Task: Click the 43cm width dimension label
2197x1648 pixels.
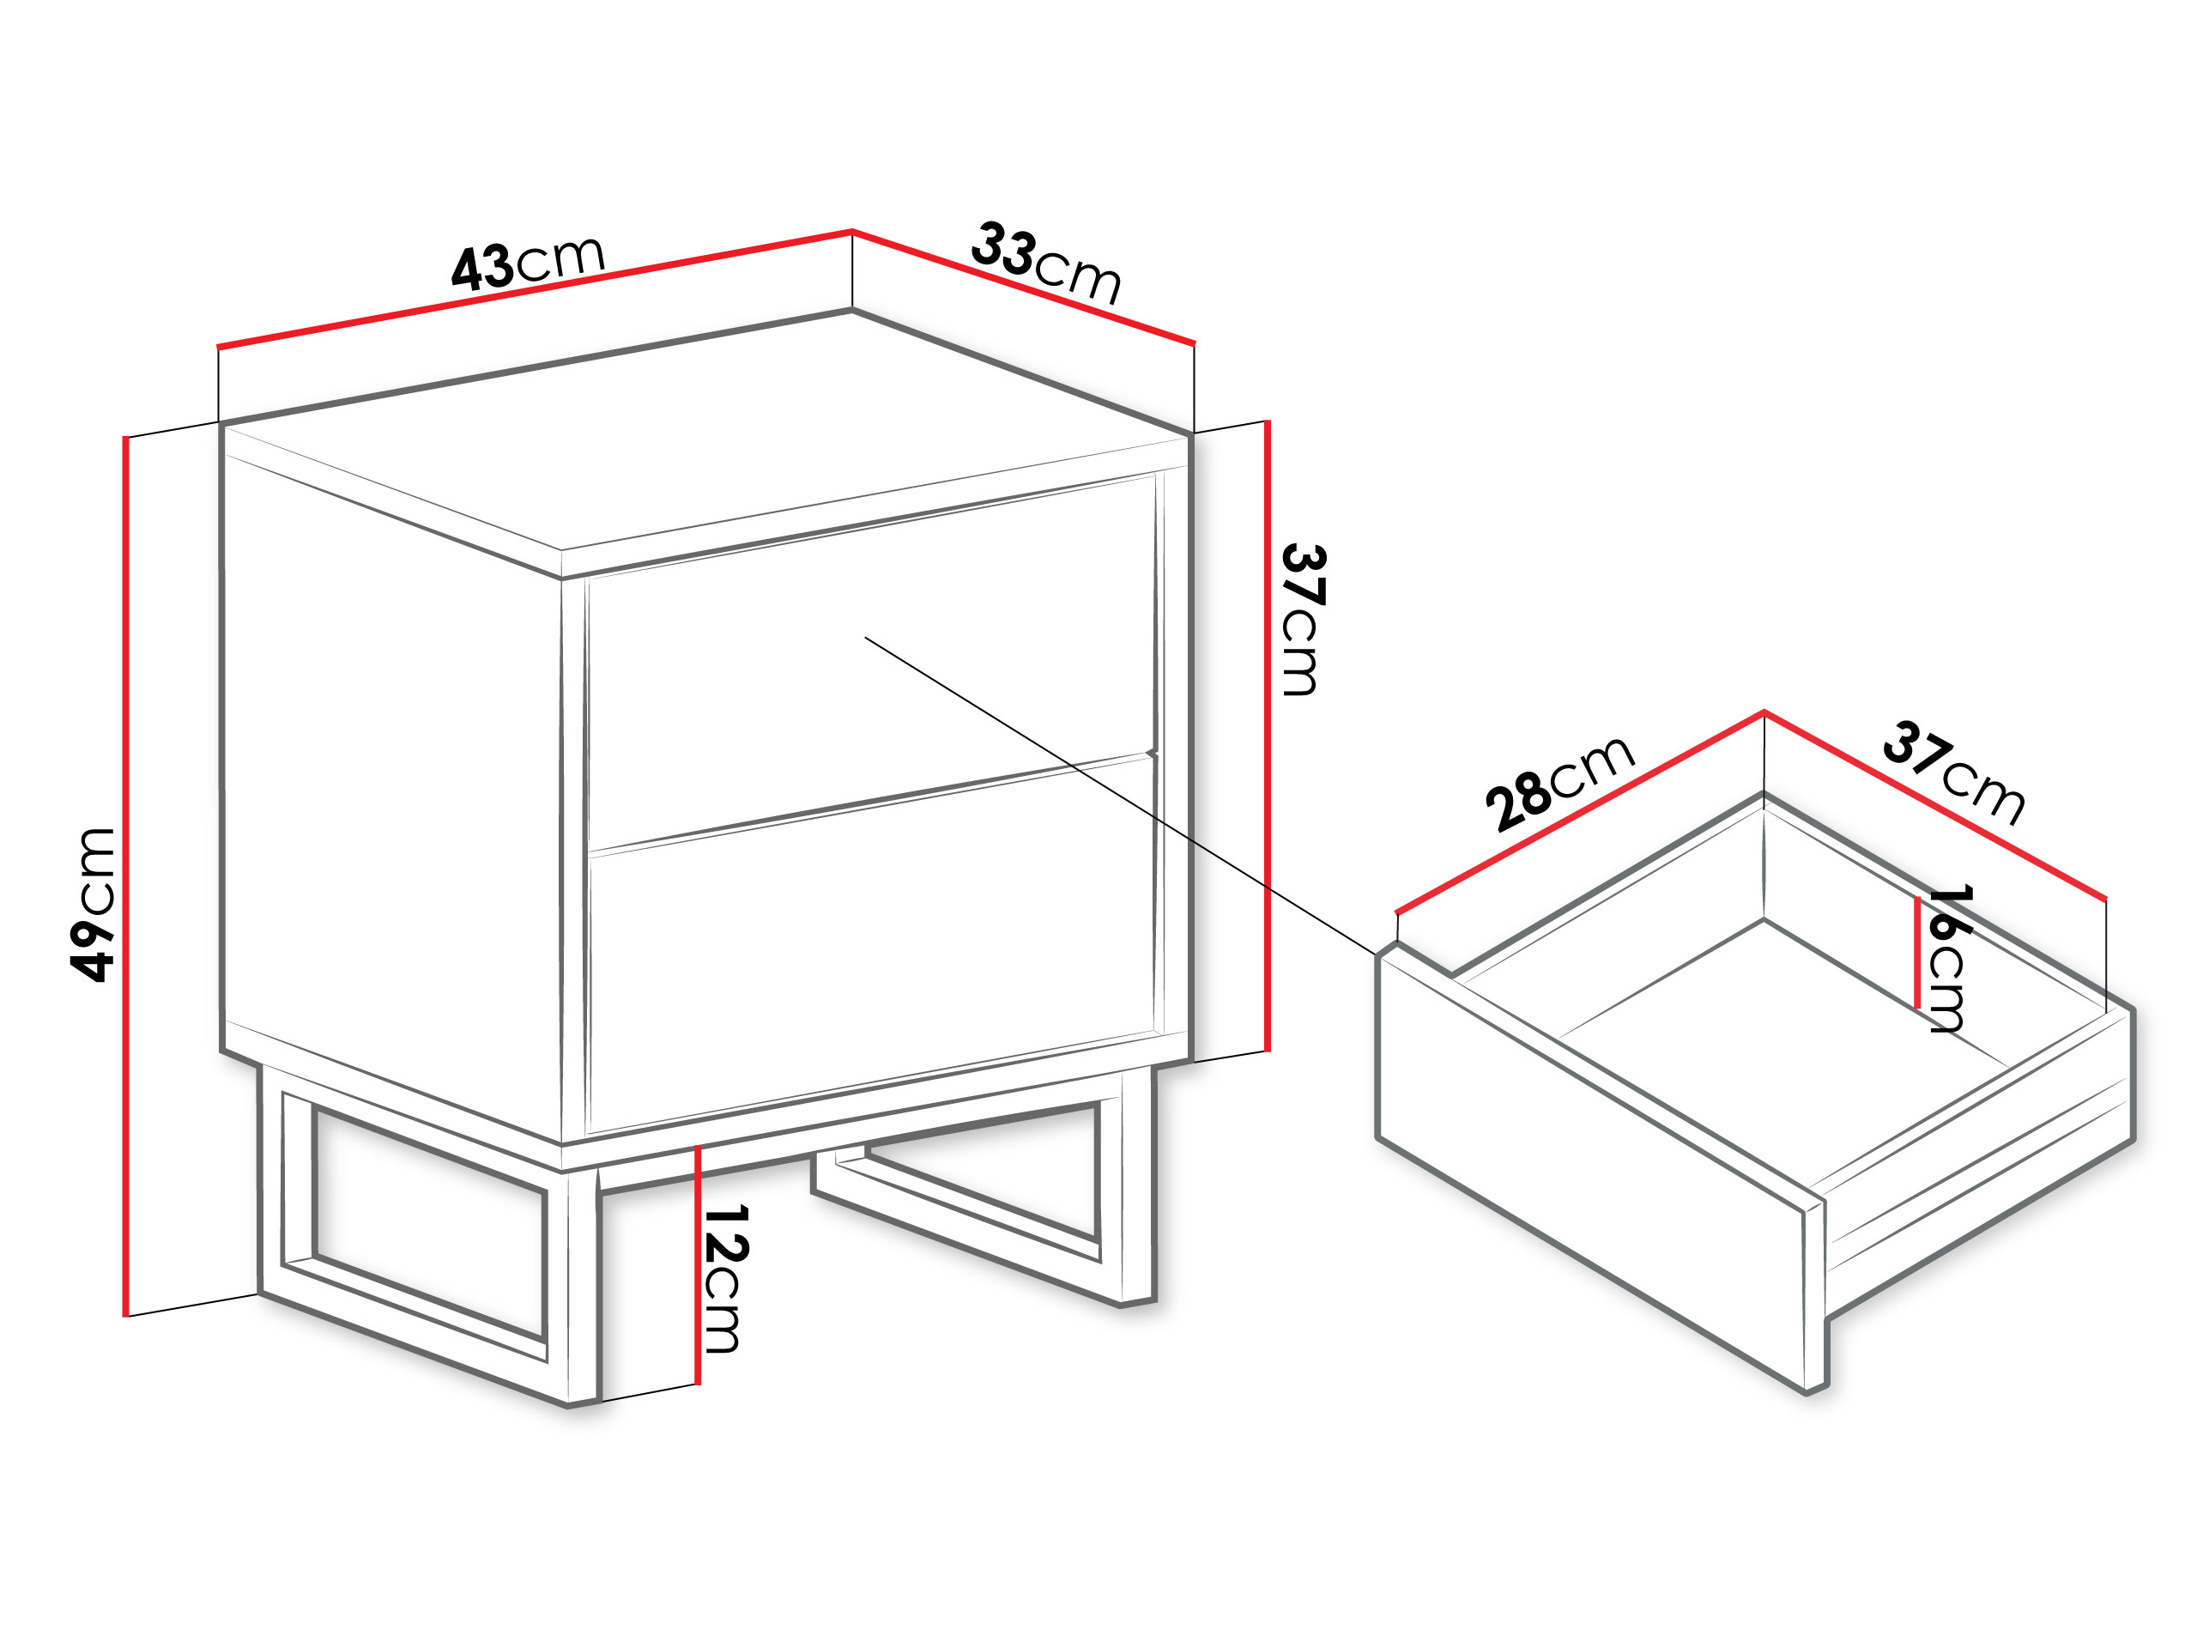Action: point(528,263)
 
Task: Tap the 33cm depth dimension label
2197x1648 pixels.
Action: point(1047,263)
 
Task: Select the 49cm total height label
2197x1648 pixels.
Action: point(94,905)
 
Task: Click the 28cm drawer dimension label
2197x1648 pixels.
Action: point(1559,784)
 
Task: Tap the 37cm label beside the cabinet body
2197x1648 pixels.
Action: point(1300,620)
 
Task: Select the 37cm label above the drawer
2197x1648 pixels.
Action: point(1953,772)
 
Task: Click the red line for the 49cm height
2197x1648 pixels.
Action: point(126,876)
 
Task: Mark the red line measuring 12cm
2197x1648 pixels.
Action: point(699,1265)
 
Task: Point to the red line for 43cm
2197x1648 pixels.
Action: point(535,289)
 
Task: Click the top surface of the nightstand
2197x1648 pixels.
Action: point(705,432)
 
